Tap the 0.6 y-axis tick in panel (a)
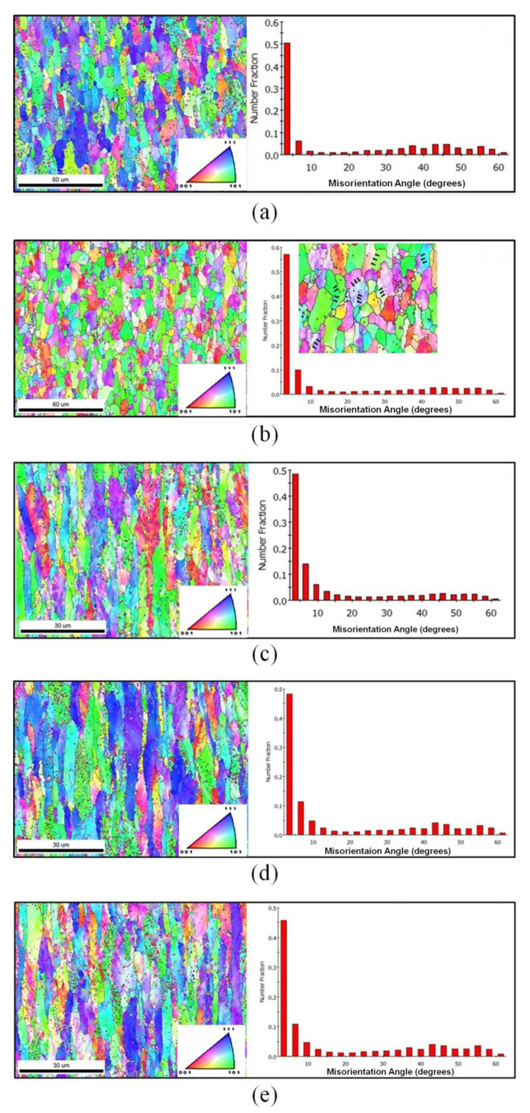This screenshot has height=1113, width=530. (273, 22)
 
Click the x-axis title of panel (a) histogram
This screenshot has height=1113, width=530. (396, 183)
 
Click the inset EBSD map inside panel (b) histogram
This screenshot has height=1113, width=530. (367, 298)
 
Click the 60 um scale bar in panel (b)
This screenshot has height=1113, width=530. (60, 409)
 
